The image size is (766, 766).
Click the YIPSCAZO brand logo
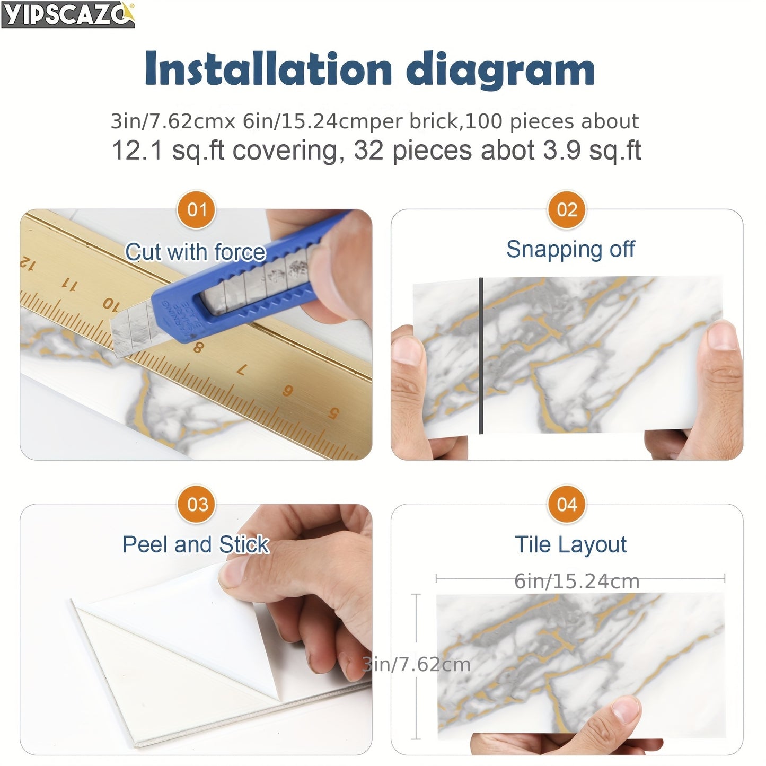(x=68, y=14)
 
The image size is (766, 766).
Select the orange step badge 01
(x=197, y=210)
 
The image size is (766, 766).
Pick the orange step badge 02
(x=567, y=210)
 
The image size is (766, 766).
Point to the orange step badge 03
(x=197, y=504)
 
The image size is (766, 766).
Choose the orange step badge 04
(x=567, y=504)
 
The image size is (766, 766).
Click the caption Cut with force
(x=195, y=252)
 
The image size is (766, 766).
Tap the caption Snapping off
(x=570, y=249)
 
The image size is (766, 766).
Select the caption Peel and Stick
(x=196, y=544)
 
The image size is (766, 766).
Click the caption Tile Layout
(x=570, y=544)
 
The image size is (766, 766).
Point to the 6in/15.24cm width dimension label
(x=577, y=582)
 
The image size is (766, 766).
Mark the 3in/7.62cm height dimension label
(x=417, y=664)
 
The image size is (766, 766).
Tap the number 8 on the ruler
(x=198, y=348)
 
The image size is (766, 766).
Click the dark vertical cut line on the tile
(x=481, y=355)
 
